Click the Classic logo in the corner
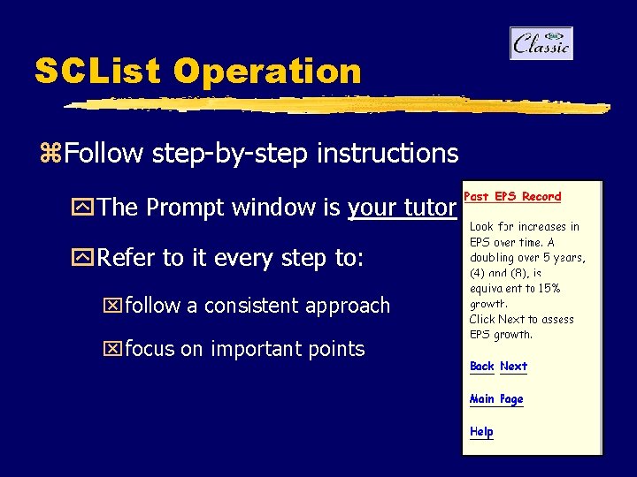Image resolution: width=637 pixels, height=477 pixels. point(541,43)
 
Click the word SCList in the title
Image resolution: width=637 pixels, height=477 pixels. point(98,72)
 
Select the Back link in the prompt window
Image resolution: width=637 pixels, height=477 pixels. point(481,367)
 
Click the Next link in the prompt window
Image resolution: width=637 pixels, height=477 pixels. point(513,367)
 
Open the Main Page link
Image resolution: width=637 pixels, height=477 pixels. point(496,399)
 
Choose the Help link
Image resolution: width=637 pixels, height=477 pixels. point(481,432)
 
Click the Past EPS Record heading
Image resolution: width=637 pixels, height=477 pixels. point(512,196)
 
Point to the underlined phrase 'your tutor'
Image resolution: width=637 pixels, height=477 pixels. point(402,208)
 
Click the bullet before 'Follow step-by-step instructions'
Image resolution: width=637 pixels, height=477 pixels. point(49,154)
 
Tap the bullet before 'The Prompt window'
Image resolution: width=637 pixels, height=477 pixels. point(86,208)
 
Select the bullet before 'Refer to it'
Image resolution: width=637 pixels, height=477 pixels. point(86,259)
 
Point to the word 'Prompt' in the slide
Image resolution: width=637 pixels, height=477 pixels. point(180,208)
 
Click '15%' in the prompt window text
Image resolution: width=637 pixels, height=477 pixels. point(549,289)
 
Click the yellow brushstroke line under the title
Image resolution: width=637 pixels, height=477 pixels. point(336,105)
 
